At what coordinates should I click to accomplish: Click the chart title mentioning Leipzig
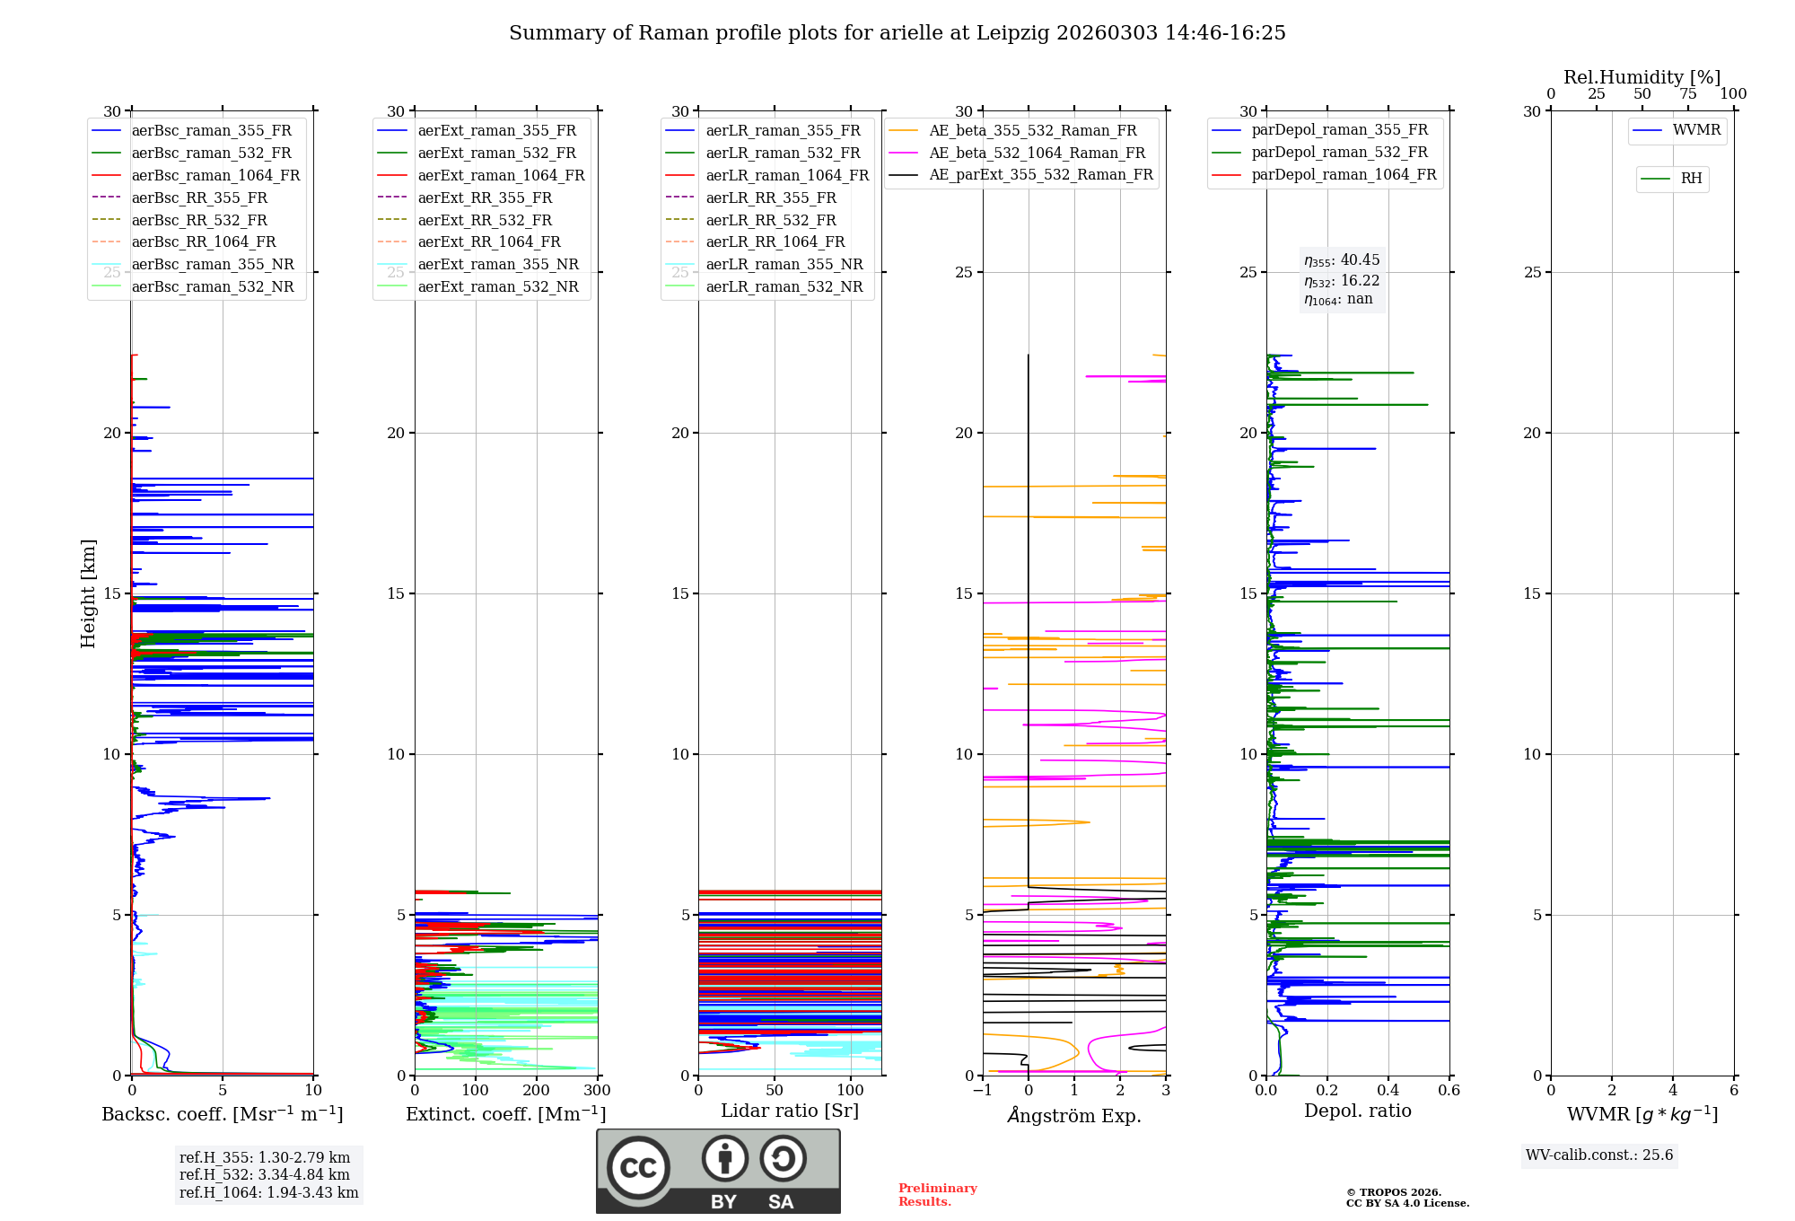click(897, 33)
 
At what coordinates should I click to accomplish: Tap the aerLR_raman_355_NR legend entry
click(784, 264)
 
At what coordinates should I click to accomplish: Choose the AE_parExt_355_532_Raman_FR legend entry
click(1040, 174)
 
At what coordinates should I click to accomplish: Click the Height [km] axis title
click(88, 593)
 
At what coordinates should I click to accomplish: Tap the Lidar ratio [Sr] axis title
click(790, 1111)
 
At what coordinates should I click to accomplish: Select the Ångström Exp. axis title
click(1074, 1115)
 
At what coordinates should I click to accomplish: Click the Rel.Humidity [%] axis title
click(1642, 77)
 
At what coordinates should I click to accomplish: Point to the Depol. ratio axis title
click(1357, 1111)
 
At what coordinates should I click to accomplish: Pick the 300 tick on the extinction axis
click(597, 1091)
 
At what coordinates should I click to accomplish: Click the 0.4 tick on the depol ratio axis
click(1388, 1091)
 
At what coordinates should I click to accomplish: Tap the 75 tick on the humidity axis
click(1688, 94)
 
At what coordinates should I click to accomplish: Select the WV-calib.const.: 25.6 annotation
click(1599, 1155)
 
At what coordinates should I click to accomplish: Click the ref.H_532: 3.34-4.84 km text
click(265, 1174)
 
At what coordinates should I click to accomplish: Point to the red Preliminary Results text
click(937, 1194)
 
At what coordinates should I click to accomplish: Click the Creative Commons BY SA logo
click(718, 1171)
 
